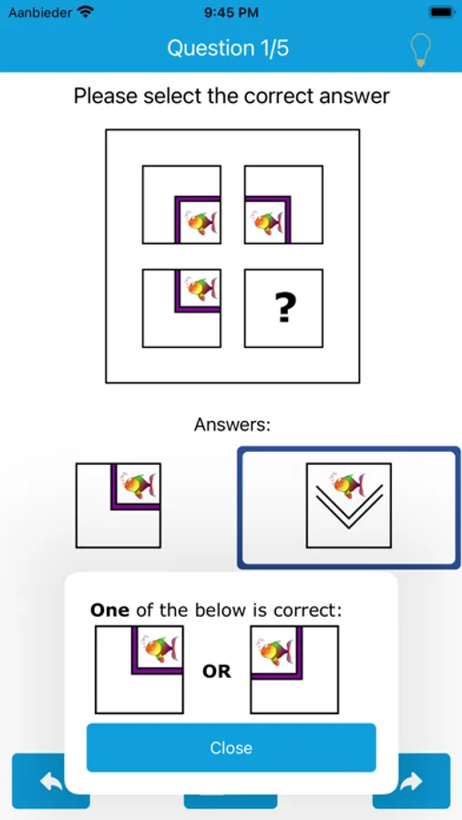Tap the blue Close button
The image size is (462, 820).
(231, 747)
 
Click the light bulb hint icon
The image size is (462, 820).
(421, 50)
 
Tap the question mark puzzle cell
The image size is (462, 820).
(283, 308)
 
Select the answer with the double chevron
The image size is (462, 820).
(348, 505)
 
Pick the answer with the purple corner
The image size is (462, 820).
(118, 505)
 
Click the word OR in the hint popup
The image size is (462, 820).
(217, 671)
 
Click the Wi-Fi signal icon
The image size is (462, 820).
(85, 12)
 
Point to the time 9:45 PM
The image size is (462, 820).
(231, 12)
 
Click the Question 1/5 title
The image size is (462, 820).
(228, 48)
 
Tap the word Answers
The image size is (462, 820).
(231, 425)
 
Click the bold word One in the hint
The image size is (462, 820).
(110, 610)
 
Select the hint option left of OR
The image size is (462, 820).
(139, 670)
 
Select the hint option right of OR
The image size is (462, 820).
(294, 670)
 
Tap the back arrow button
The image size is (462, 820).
(51, 782)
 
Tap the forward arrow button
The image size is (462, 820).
(411, 782)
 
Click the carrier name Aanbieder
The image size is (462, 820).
(40, 12)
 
